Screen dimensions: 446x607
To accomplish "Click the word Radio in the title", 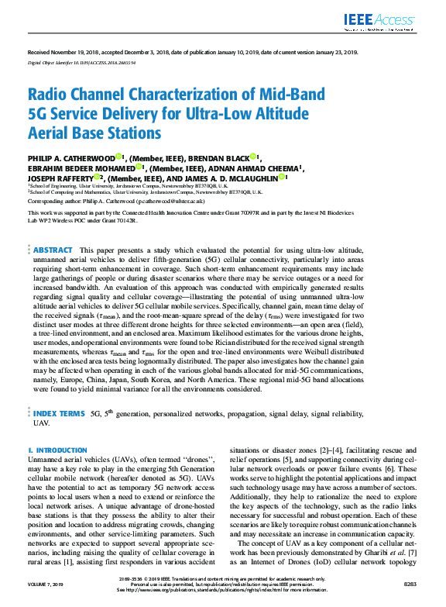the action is point(48,95).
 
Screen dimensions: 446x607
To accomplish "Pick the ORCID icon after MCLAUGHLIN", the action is point(286,177).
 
